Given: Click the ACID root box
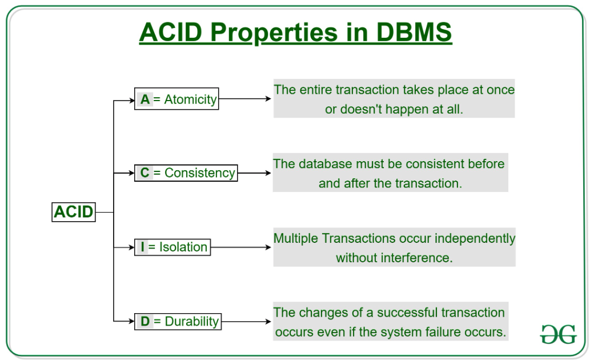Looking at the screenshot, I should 73,212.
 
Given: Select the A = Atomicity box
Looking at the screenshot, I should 176,99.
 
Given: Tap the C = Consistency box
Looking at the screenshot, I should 186,173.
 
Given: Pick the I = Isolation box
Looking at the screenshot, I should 172,247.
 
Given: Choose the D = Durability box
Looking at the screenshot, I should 178,321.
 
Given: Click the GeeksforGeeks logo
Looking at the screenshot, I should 558,334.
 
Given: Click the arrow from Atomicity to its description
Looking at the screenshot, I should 244,99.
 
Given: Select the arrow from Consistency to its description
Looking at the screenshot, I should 254,173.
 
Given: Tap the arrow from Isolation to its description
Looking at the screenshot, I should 240,247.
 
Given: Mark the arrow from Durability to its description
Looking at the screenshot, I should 246,321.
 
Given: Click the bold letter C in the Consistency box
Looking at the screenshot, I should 145,173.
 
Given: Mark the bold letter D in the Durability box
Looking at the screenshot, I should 145,321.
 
